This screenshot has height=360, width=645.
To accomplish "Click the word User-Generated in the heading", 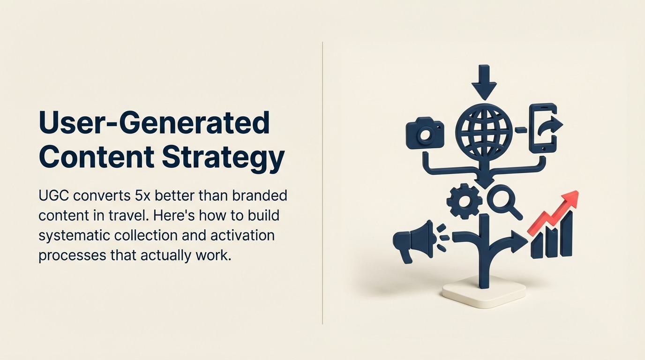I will coord(154,123).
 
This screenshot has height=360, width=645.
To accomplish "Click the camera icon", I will coord(425,134).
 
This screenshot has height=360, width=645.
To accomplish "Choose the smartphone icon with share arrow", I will coord(544,128).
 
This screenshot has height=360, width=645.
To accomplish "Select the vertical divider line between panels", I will coord(322,183).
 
